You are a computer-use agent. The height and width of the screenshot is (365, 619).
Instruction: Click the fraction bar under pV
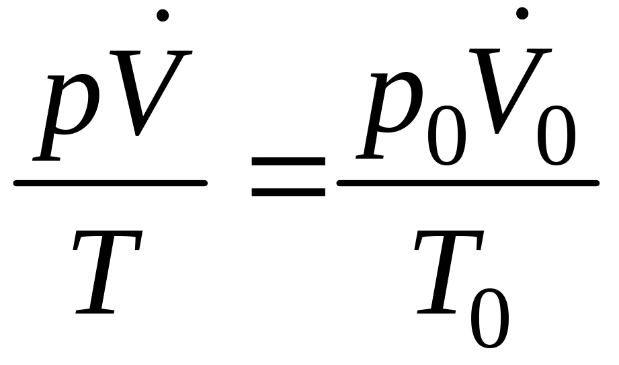click(x=110, y=183)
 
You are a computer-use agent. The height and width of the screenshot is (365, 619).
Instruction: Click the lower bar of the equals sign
click(x=288, y=191)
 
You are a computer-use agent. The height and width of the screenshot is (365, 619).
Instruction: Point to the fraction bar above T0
click(x=467, y=182)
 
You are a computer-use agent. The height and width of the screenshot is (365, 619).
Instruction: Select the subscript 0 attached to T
click(x=489, y=316)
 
